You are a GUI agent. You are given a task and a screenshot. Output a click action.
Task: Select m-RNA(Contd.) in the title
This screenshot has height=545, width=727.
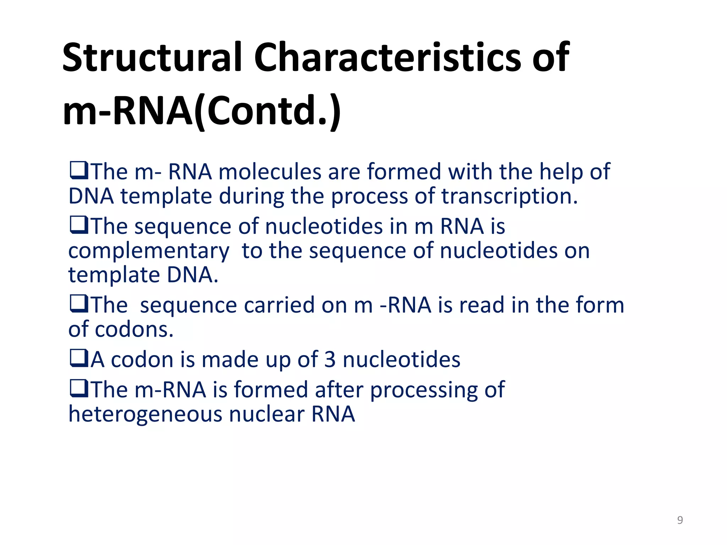(x=202, y=111)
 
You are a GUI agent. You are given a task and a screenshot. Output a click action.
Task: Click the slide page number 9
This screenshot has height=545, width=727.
(x=680, y=520)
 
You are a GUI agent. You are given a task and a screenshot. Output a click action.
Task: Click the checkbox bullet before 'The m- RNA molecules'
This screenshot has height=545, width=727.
(x=79, y=171)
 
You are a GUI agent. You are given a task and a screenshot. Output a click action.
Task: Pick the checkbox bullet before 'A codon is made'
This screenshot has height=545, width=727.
(x=79, y=359)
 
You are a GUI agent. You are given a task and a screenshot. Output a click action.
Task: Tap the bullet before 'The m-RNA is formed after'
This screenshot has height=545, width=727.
(x=79, y=389)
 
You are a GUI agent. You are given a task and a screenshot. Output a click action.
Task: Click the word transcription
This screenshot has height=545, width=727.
(x=509, y=197)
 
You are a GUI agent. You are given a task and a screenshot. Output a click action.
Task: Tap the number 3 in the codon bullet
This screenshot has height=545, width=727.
(x=329, y=360)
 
